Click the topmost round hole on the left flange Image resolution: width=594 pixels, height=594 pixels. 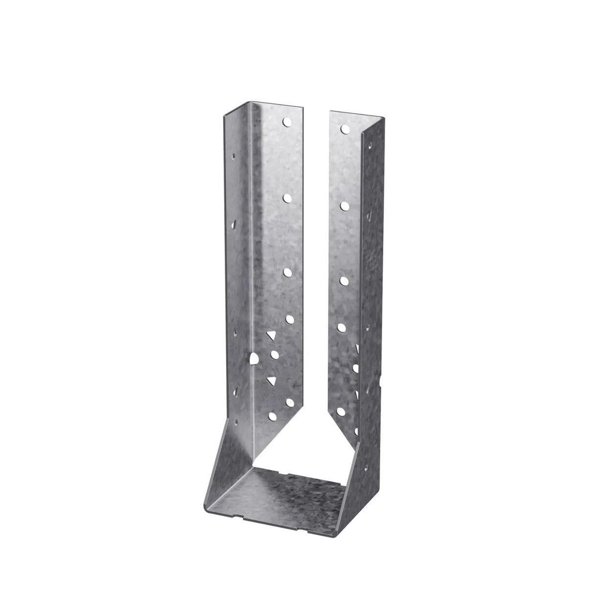(286, 120)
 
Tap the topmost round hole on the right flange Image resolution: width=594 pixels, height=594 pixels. (345, 129)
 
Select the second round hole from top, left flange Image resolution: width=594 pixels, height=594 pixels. (288, 197)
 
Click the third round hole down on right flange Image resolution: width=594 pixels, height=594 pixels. (344, 280)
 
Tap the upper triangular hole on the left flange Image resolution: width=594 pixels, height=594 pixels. (270, 336)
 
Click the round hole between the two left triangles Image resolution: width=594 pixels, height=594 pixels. (274, 354)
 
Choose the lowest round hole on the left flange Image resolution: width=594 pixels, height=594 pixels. (272, 417)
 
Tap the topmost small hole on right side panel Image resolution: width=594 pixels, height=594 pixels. (370, 145)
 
